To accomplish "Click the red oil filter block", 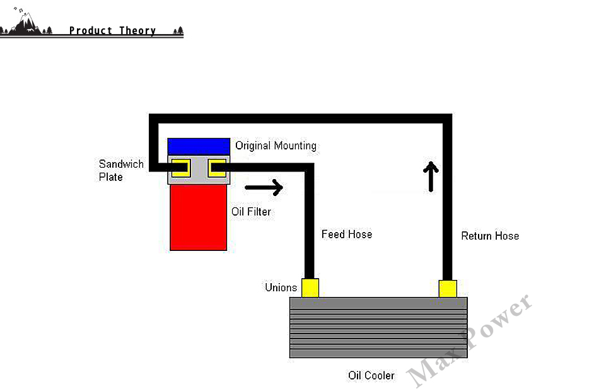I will click(x=198, y=218).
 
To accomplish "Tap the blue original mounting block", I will click(x=198, y=146).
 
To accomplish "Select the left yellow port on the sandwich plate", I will click(x=181, y=168).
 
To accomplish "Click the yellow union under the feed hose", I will click(x=310, y=288).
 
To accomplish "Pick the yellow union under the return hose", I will click(x=448, y=288).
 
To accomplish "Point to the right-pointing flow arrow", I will click(x=264, y=187).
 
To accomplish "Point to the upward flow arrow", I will click(x=431, y=176).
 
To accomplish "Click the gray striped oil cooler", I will click(x=378, y=328).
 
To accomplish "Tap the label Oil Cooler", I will click(x=371, y=376).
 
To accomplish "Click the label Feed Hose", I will click(x=347, y=235).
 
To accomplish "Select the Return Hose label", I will click(x=490, y=236).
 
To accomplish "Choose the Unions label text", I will click(x=281, y=288).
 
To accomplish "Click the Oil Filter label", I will click(x=251, y=212).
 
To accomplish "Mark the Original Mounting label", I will click(x=276, y=146).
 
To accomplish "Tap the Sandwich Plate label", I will click(x=120, y=170).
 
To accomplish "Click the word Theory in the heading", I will click(x=137, y=30).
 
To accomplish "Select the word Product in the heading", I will click(x=90, y=30).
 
